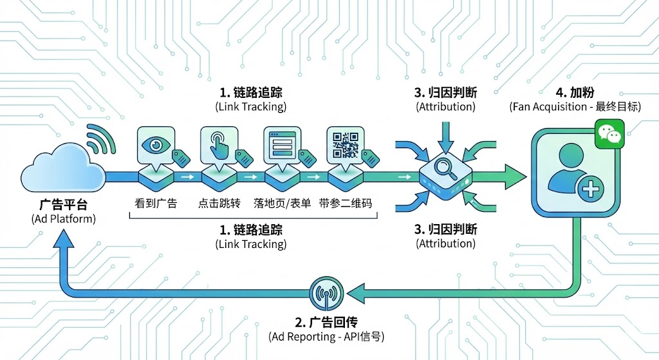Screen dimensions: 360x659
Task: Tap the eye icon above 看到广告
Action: point(154,144)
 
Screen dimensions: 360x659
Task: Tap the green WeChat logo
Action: point(608,133)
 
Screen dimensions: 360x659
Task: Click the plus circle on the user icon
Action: point(587,189)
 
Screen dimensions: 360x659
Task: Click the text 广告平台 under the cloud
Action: point(62,205)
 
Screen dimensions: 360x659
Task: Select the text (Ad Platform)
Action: point(62,219)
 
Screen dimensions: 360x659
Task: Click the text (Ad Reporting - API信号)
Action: point(324,337)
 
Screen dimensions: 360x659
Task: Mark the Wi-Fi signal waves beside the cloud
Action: point(100,138)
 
